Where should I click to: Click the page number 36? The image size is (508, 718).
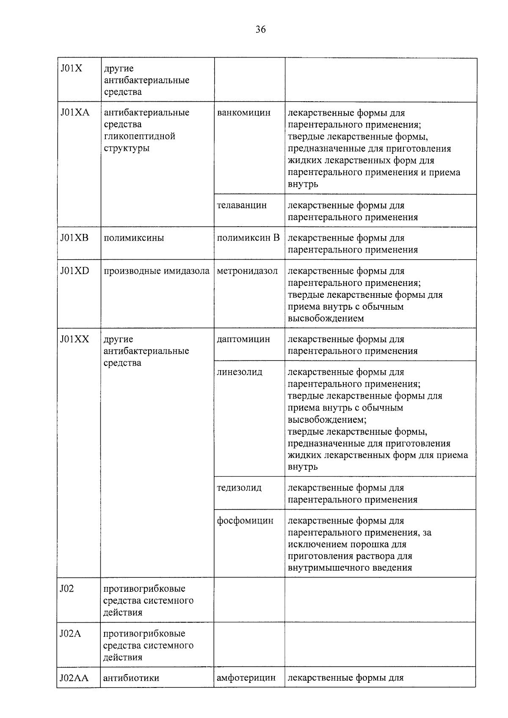click(x=260, y=30)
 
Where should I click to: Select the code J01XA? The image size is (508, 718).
click(x=75, y=113)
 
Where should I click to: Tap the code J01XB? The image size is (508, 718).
click(x=75, y=238)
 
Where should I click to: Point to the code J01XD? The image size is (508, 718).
click(x=75, y=271)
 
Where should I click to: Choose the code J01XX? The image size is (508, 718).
click(x=75, y=339)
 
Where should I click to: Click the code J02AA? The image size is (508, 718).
click(x=74, y=678)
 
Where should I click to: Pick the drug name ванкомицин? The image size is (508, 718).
click(x=243, y=113)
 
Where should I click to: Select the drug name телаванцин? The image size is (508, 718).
click(x=242, y=205)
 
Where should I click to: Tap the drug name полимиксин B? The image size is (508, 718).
click(x=248, y=238)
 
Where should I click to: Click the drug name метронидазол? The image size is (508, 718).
click(x=247, y=271)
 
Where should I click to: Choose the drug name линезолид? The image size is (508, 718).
click(x=240, y=372)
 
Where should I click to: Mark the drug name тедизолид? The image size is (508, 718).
click(x=239, y=488)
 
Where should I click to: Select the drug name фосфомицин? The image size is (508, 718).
click(x=245, y=521)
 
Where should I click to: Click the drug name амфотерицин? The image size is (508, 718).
click(x=246, y=678)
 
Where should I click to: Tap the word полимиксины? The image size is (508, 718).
click(x=134, y=238)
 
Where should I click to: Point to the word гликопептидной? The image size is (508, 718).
click(x=139, y=136)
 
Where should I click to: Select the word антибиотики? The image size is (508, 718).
click(x=131, y=678)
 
